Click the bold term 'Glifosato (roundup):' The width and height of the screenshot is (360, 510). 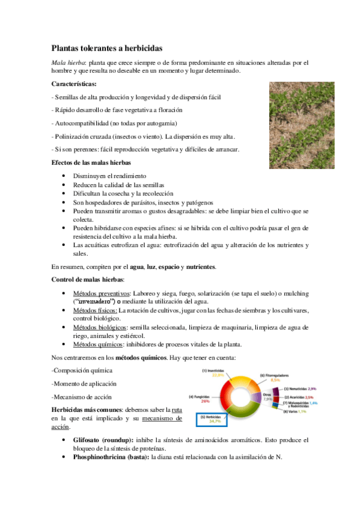click(x=105, y=440)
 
